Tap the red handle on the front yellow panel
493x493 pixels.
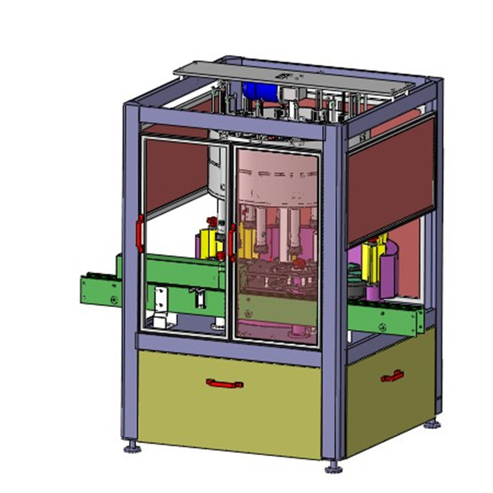coord(224,383)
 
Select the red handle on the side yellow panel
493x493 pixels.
coord(392,375)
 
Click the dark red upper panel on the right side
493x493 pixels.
coord(391,179)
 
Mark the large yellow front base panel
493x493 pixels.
coord(228,404)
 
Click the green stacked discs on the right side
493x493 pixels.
coord(355,274)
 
